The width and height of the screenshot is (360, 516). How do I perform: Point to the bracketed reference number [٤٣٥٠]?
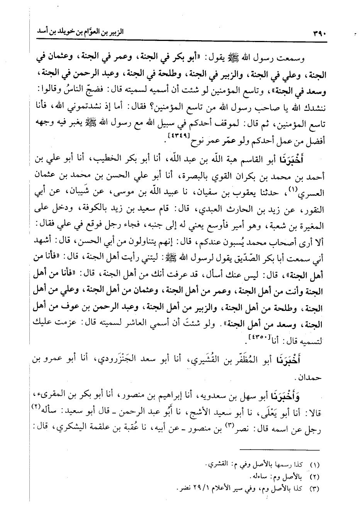pos(256,339)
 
